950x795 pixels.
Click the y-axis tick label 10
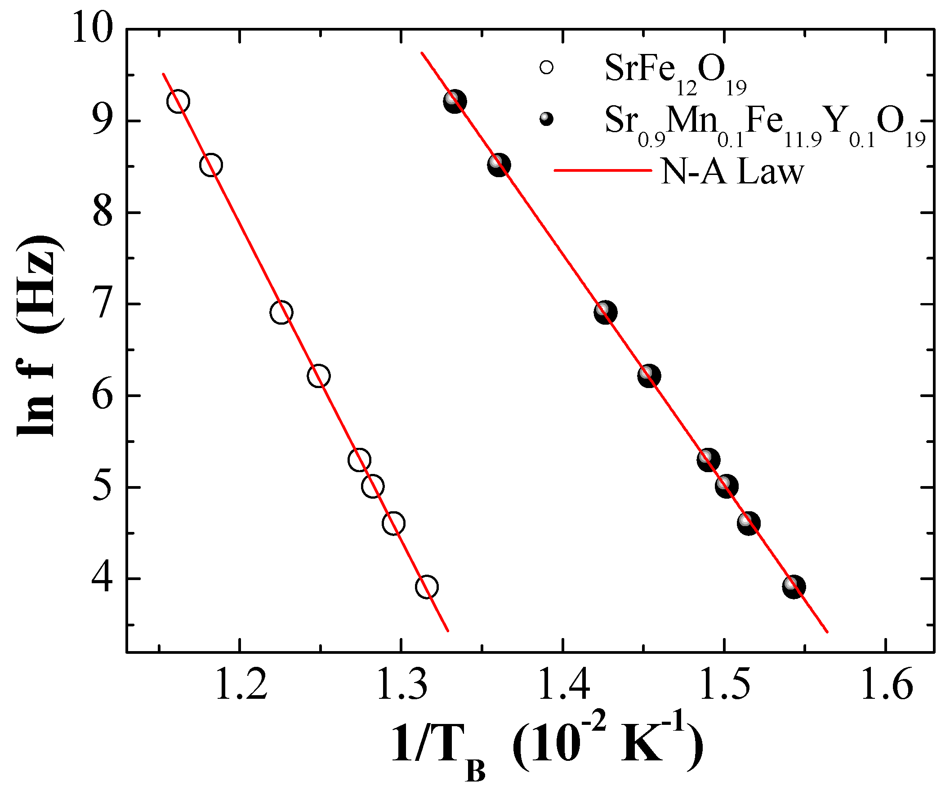pos(92,28)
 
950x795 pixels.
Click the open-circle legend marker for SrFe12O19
pos(546,68)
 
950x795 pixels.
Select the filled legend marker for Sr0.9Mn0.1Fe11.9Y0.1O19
pos(546,120)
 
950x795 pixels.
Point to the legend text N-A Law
pos(732,172)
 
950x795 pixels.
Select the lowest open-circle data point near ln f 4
pos(427,587)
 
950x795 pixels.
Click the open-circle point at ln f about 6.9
pos(281,313)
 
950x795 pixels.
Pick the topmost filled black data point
pos(455,101)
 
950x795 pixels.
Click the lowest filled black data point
pos(794,587)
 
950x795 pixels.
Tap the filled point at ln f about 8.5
pos(499,165)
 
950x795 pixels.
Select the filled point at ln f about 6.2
pos(649,375)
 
